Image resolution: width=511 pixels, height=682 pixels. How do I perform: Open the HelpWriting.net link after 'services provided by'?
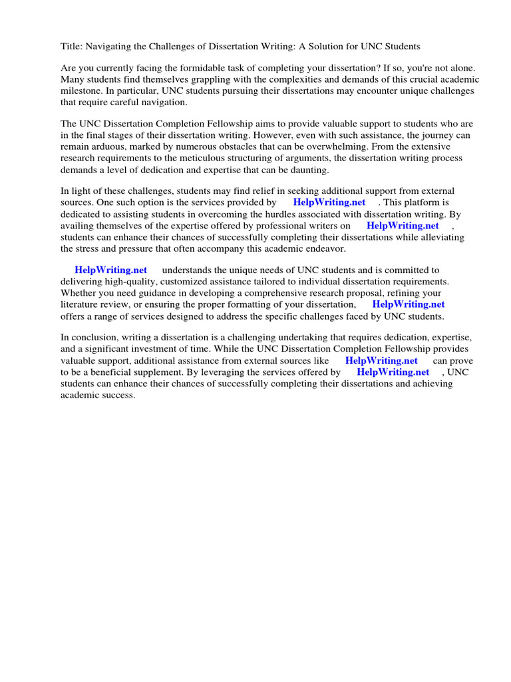pyautogui.click(x=329, y=202)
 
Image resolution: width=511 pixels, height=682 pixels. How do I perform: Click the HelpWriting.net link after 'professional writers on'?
pyautogui.click(x=403, y=225)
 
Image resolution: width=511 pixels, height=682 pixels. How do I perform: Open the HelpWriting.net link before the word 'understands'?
pyautogui.click(x=110, y=270)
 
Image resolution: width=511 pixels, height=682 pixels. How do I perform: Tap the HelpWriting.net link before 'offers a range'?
pyautogui.click(x=409, y=304)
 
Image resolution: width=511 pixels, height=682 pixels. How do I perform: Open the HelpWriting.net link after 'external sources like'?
pyautogui.click(x=381, y=361)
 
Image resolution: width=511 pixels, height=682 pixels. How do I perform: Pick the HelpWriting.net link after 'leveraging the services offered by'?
pyautogui.click(x=393, y=372)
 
